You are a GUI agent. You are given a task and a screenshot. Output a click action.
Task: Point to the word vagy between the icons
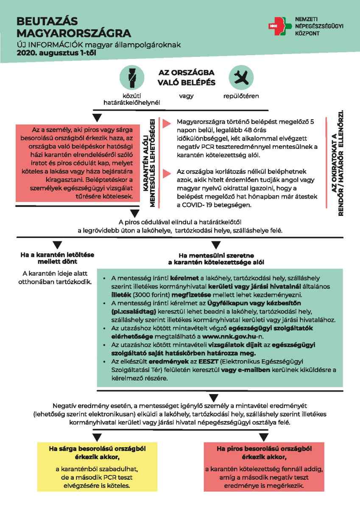(x=186, y=96)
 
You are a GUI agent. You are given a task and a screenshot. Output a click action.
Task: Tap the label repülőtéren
(x=241, y=96)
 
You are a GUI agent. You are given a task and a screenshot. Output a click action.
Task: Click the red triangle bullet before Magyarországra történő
(x=165, y=122)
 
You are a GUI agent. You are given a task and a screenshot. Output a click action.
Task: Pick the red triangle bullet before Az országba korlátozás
(x=165, y=172)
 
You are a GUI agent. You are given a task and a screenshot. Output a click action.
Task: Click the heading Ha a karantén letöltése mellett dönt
(x=57, y=258)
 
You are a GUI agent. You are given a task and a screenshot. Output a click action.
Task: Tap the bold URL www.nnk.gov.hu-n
(x=237, y=336)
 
